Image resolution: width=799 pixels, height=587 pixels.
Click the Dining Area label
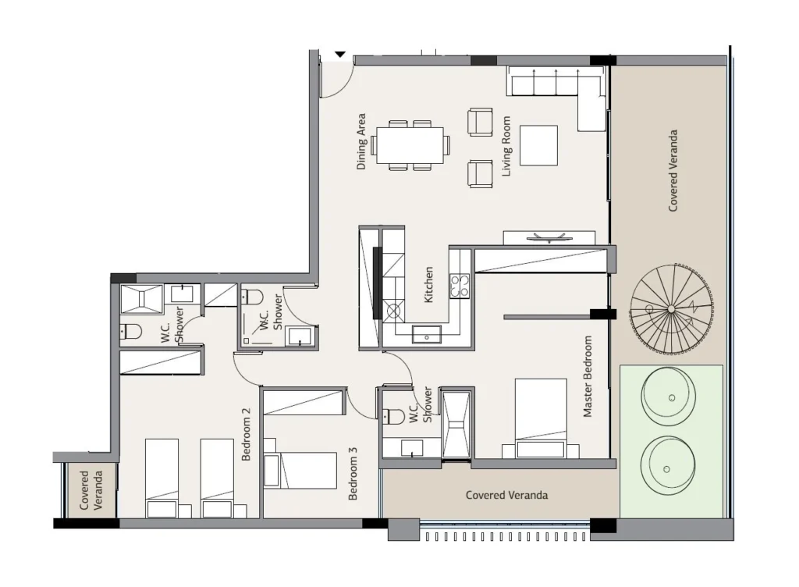point(361,141)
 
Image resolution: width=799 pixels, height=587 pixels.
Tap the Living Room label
point(506,146)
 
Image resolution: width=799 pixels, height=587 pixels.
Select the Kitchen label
point(428,285)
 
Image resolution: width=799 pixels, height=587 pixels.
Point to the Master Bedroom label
point(588,376)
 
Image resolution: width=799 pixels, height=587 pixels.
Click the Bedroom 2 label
point(246,434)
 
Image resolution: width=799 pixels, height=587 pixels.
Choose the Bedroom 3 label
point(353,473)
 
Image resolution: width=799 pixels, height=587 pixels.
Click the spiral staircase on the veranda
point(672,309)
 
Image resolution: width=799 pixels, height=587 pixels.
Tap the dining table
point(410,145)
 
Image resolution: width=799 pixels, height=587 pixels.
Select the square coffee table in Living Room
point(538,145)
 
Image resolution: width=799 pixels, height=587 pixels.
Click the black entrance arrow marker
point(340,55)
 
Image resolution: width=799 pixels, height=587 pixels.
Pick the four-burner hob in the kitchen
point(459,286)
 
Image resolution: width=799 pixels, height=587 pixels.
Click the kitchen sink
point(427,334)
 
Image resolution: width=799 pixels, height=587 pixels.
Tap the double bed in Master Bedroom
point(541,418)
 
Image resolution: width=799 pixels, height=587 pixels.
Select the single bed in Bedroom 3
point(300,470)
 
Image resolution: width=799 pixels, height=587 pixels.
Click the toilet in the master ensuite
point(393,417)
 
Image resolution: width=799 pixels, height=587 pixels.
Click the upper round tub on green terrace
point(669,397)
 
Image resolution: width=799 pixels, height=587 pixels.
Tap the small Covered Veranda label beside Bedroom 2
point(91,490)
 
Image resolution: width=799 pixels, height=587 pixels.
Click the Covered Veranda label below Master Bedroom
point(507,495)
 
